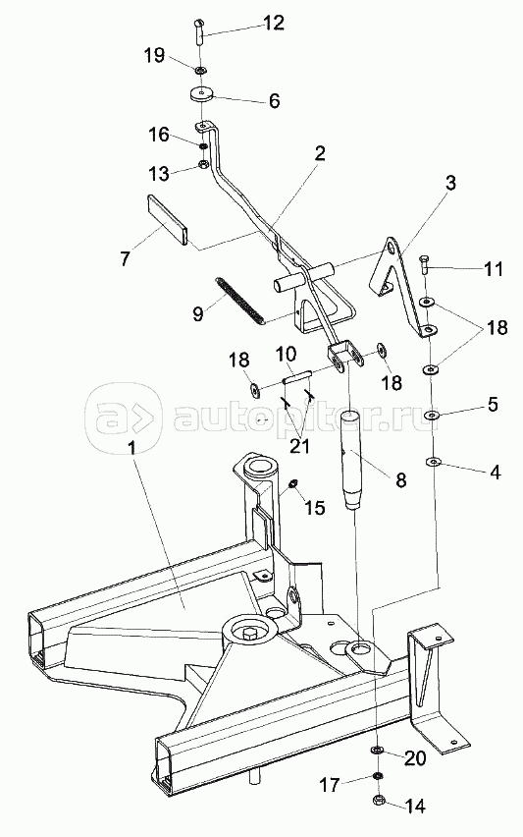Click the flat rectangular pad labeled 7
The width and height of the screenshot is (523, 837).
tap(167, 219)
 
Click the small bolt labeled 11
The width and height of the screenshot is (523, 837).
tap(424, 263)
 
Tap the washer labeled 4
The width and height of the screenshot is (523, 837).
tap(434, 461)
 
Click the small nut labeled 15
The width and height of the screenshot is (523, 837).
tap(293, 483)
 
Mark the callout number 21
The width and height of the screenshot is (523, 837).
tap(298, 445)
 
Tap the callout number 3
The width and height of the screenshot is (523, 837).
tap(451, 183)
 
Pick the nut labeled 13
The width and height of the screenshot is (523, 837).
tap(202, 164)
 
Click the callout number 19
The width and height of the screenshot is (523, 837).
tap(154, 55)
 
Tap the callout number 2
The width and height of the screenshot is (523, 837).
tap(319, 153)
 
